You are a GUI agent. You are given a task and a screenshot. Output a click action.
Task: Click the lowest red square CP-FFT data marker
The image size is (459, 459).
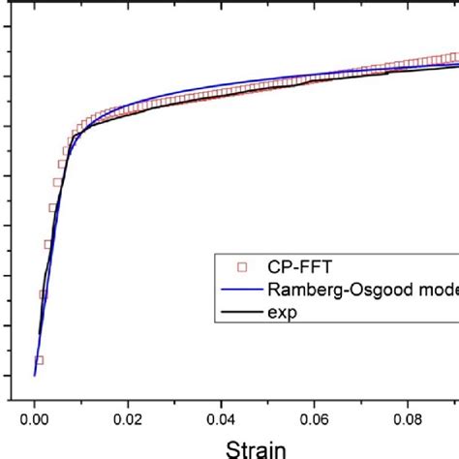click(x=39, y=360)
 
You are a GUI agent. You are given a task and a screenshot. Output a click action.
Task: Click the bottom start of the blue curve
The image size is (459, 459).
click(x=35, y=375)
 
